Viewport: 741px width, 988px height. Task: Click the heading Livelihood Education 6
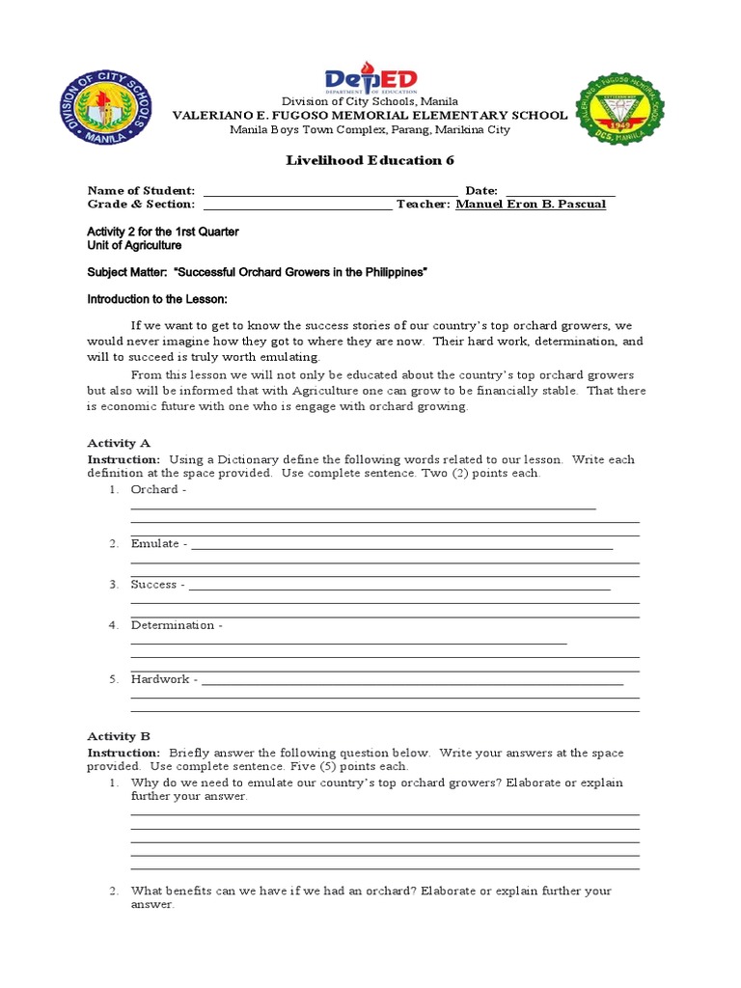click(x=370, y=160)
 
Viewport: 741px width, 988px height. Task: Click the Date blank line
click(x=560, y=192)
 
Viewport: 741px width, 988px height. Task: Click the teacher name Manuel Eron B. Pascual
click(x=531, y=205)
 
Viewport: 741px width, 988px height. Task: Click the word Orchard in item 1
click(x=154, y=490)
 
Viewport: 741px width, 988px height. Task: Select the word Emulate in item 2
click(x=155, y=544)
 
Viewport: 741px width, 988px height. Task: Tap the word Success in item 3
click(x=154, y=585)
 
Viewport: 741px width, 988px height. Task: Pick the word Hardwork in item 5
click(x=160, y=679)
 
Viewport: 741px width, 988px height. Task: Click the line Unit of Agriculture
click(x=134, y=246)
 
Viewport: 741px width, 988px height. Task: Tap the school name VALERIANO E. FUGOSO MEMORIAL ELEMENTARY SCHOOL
click(x=370, y=116)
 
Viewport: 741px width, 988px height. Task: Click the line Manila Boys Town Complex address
click(x=370, y=130)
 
